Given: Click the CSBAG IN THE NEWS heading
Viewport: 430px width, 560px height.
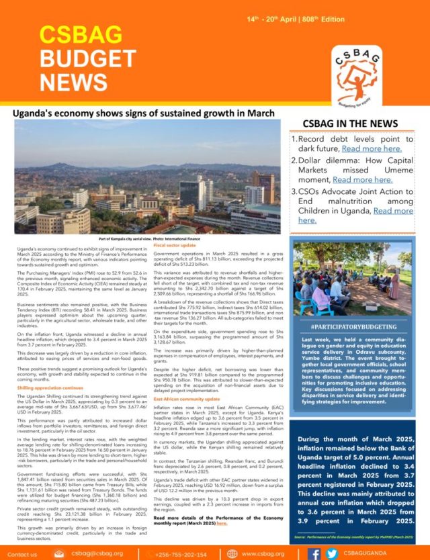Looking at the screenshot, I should [353, 124].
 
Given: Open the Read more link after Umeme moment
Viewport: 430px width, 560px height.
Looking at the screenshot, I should [362, 179].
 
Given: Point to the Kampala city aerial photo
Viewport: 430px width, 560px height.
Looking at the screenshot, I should [146, 177].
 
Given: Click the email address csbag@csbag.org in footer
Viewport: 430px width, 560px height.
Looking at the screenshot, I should [95, 553].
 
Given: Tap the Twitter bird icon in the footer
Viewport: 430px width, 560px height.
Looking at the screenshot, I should [331, 553].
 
